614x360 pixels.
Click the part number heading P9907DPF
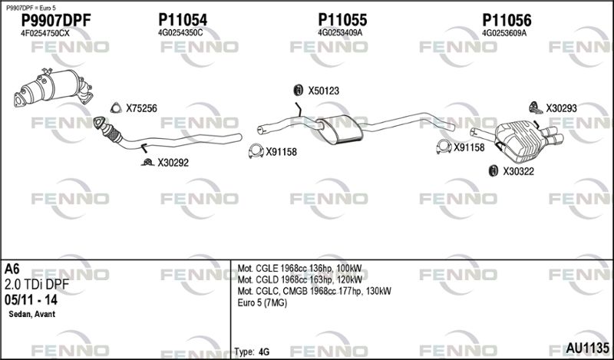pyautogui.click(x=55, y=21)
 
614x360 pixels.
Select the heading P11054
pyautogui.click(x=183, y=20)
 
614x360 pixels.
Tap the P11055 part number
pyautogui.click(x=342, y=20)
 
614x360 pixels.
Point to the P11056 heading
pyautogui.click(x=507, y=20)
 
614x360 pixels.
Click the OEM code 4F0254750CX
pyautogui.click(x=45, y=34)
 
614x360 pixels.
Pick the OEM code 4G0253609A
pyautogui.click(x=504, y=33)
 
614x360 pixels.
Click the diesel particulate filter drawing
pyautogui.click(x=53, y=88)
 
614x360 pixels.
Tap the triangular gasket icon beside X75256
pyautogui.click(x=116, y=107)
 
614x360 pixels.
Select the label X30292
pyautogui.click(x=173, y=163)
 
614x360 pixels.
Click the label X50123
pyautogui.click(x=323, y=91)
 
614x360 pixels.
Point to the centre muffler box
pyautogui.click(x=340, y=129)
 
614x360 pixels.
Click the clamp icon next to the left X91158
pyautogui.click(x=256, y=151)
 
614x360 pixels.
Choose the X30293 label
pyautogui.click(x=562, y=108)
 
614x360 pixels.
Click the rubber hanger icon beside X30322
pyautogui.click(x=494, y=171)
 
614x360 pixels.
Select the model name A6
pyautogui.click(x=12, y=269)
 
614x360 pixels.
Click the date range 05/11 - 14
pyautogui.click(x=31, y=300)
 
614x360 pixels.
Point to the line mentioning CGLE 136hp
pyautogui.click(x=300, y=269)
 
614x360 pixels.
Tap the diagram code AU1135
pyautogui.click(x=587, y=348)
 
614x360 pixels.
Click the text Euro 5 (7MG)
pyautogui.click(x=262, y=302)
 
